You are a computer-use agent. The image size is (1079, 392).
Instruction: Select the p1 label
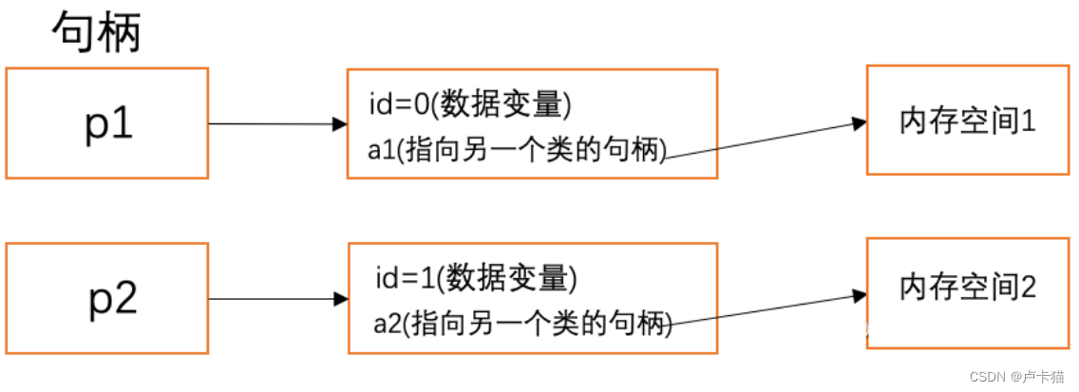(107, 124)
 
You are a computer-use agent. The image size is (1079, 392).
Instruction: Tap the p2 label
(113, 298)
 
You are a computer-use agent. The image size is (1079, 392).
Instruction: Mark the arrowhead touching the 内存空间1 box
(860, 123)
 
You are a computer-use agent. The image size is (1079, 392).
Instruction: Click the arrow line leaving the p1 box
(271, 123)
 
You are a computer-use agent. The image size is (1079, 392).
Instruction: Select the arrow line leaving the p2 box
(271, 299)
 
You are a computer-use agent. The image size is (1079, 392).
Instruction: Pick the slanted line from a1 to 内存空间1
(760, 141)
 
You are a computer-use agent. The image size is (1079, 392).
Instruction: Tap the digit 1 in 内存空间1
(1028, 122)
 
